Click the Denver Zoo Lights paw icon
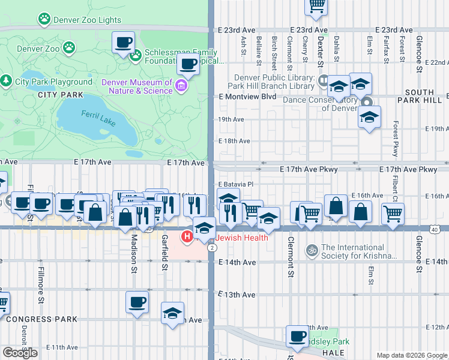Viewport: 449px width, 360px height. (x=44, y=19)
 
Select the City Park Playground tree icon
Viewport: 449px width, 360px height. (x=7, y=81)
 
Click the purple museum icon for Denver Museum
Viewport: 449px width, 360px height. (x=181, y=87)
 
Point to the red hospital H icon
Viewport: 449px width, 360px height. (x=187, y=238)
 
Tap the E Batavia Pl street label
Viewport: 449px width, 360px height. (x=236, y=184)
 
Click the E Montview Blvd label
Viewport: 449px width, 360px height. (x=247, y=97)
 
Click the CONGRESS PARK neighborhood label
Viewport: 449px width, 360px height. (x=32, y=319)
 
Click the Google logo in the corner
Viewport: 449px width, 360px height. (x=20, y=353)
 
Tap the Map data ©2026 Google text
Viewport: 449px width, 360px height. (x=411, y=355)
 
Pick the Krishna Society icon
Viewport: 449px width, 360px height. (x=311, y=250)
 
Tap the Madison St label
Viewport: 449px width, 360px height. (x=133, y=251)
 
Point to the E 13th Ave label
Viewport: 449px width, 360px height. (x=237, y=295)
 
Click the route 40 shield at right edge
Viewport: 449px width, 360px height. (x=442, y=229)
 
